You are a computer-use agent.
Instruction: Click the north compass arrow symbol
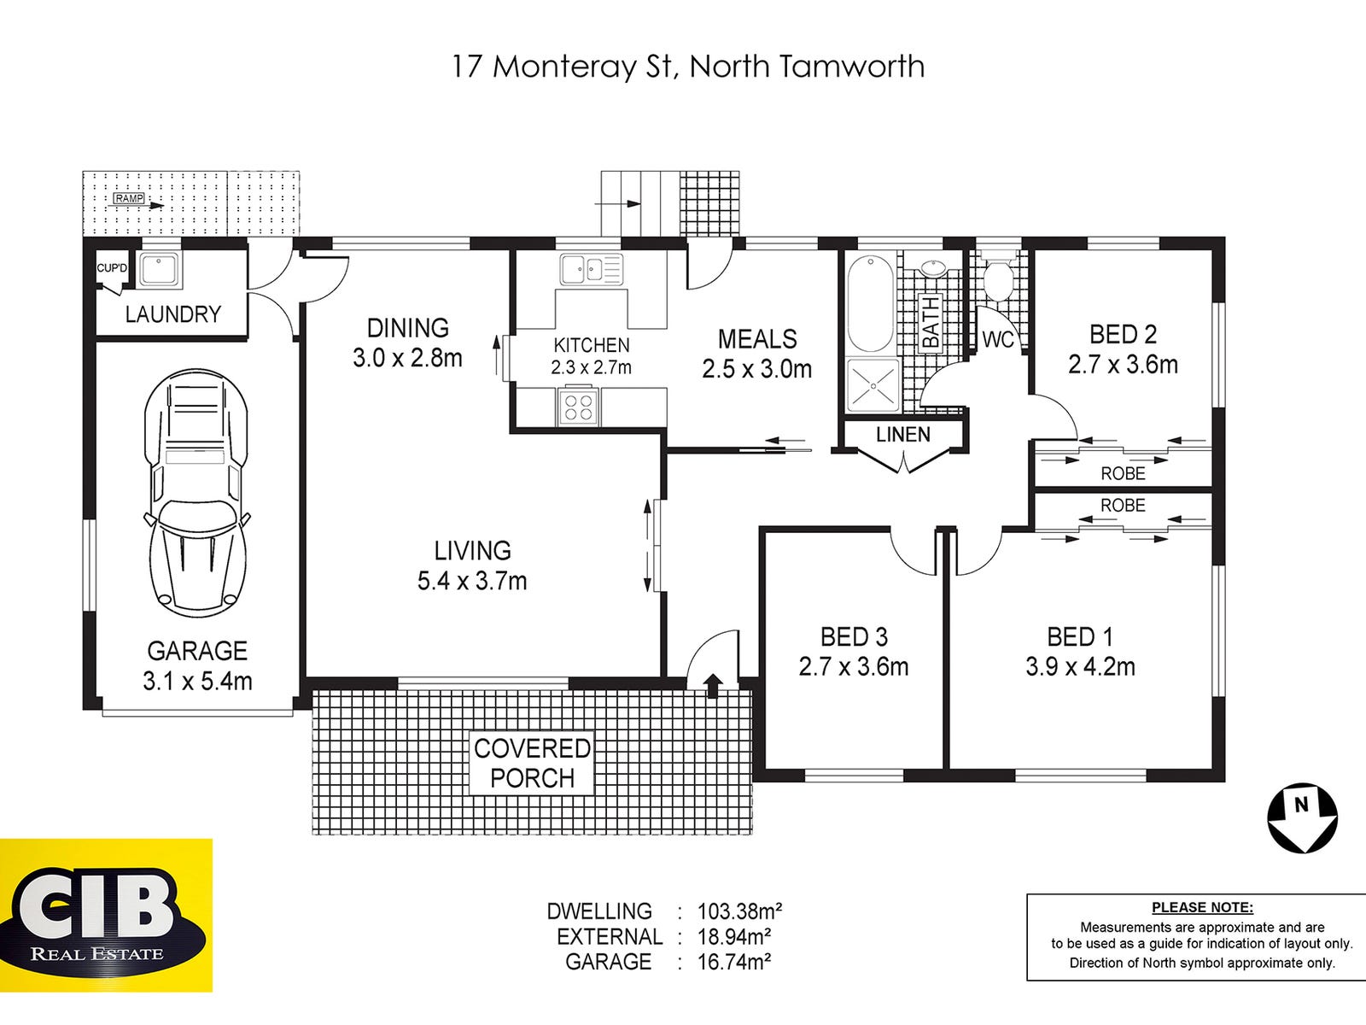click(1302, 818)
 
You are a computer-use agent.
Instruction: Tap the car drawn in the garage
click(197, 493)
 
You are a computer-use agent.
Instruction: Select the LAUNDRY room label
click(173, 314)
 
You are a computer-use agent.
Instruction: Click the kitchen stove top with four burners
click(578, 406)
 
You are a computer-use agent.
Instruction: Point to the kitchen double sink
click(591, 270)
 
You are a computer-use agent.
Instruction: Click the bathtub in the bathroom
click(870, 304)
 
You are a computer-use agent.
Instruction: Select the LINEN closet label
click(903, 435)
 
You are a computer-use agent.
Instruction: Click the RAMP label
click(129, 199)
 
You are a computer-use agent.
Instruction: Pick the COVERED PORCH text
click(532, 764)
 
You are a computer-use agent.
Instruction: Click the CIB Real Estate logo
click(106, 916)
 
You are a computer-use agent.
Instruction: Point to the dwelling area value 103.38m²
click(739, 911)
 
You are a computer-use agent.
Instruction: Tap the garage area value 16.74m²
click(734, 962)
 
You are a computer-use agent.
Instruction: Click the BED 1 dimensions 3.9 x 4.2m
click(1080, 666)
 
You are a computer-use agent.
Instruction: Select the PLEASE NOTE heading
click(1202, 908)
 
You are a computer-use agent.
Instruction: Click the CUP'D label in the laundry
click(112, 268)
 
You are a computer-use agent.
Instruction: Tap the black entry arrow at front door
click(712, 684)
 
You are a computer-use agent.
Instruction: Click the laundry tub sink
click(159, 270)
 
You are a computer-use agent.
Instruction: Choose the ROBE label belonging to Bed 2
click(1123, 473)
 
